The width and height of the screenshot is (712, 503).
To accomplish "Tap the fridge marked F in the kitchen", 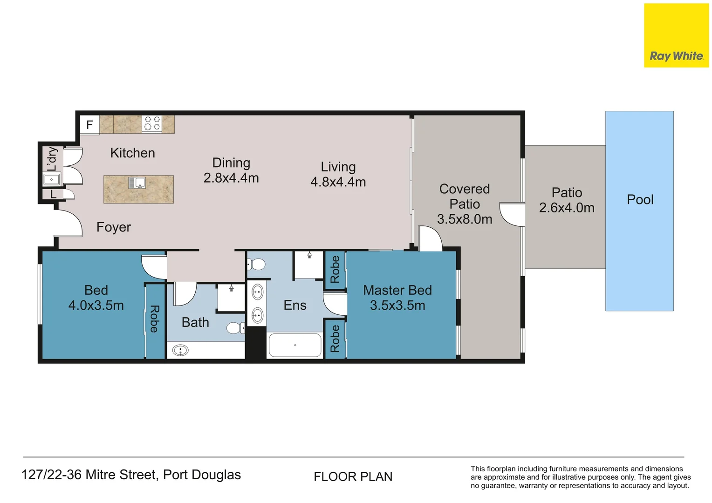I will pyautogui.click(x=89, y=125).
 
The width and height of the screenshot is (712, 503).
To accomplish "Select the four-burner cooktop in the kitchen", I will pyautogui.click(x=151, y=123).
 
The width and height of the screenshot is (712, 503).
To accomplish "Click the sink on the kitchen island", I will pyautogui.click(x=137, y=183).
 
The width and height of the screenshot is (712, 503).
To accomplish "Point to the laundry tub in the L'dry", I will pyautogui.click(x=51, y=179).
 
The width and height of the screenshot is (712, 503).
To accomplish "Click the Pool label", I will pyautogui.click(x=640, y=200).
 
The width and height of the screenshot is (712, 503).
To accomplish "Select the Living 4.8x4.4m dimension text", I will pyautogui.click(x=338, y=182).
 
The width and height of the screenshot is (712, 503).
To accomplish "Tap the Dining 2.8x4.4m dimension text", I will pyautogui.click(x=231, y=178).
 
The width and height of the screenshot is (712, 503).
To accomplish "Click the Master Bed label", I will pyautogui.click(x=397, y=290).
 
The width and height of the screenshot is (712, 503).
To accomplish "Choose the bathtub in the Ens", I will pyautogui.click(x=295, y=345).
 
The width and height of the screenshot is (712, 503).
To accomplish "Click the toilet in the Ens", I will pyautogui.click(x=256, y=265).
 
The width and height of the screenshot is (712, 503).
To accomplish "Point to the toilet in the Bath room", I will pyautogui.click(x=234, y=328).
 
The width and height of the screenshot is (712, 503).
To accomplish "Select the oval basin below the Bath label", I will pyautogui.click(x=180, y=350).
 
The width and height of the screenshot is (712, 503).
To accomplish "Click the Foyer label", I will pyautogui.click(x=114, y=227).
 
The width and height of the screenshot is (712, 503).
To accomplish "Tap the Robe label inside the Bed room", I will pyautogui.click(x=154, y=319).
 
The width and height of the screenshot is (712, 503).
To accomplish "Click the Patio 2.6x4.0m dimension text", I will pyautogui.click(x=567, y=208).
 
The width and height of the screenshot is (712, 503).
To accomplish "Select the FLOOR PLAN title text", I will pyautogui.click(x=353, y=477).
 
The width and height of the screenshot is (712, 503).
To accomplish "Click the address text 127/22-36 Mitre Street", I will pyautogui.click(x=131, y=475).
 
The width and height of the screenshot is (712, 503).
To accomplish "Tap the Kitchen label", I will pyautogui.click(x=132, y=153).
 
